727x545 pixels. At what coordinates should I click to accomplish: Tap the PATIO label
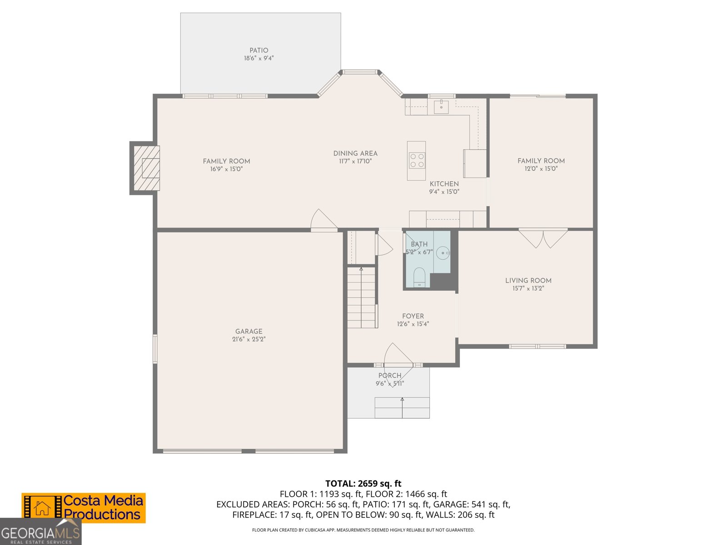click(259, 50)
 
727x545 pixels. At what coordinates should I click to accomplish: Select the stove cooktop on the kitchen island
click(417, 160)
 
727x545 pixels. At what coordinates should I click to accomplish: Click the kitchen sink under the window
click(441, 107)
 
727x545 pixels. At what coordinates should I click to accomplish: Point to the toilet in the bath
click(419, 277)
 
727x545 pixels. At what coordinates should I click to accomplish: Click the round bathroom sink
click(443, 253)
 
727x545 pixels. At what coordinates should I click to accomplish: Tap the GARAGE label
click(249, 332)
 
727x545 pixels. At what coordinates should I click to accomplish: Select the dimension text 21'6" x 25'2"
click(249, 339)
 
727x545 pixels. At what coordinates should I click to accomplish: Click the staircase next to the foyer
click(362, 297)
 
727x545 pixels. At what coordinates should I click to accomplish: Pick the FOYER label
click(413, 316)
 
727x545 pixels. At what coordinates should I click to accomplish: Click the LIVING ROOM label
click(528, 281)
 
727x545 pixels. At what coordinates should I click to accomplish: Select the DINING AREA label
click(355, 154)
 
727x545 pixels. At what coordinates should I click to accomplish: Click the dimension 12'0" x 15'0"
click(541, 168)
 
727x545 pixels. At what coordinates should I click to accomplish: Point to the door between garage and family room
click(323, 221)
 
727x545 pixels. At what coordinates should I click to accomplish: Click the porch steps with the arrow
click(402, 407)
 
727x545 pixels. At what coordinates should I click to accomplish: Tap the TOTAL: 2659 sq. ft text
click(363, 483)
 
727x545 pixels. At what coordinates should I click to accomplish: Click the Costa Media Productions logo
click(84, 508)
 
